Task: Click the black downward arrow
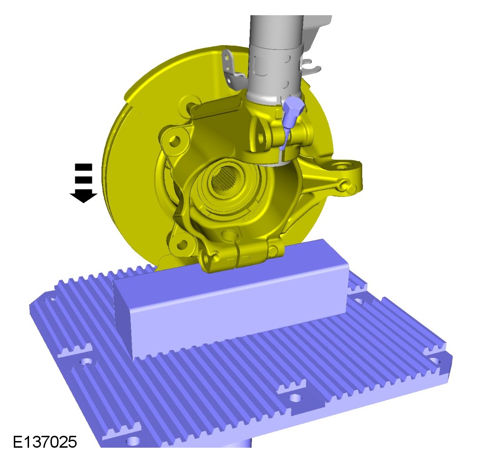click(x=83, y=183)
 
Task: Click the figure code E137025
click(x=45, y=442)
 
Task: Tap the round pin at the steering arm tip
click(x=351, y=188)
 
